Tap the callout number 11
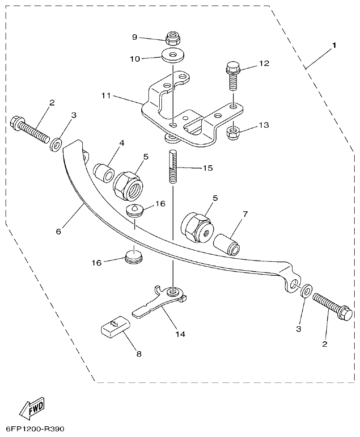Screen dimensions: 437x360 click(106, 96)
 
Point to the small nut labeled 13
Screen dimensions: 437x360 click(233, 132)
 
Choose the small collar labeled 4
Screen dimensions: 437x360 click(103, 172)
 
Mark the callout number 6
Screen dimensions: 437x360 click(59, 231)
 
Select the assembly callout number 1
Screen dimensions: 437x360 click(333, 46)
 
